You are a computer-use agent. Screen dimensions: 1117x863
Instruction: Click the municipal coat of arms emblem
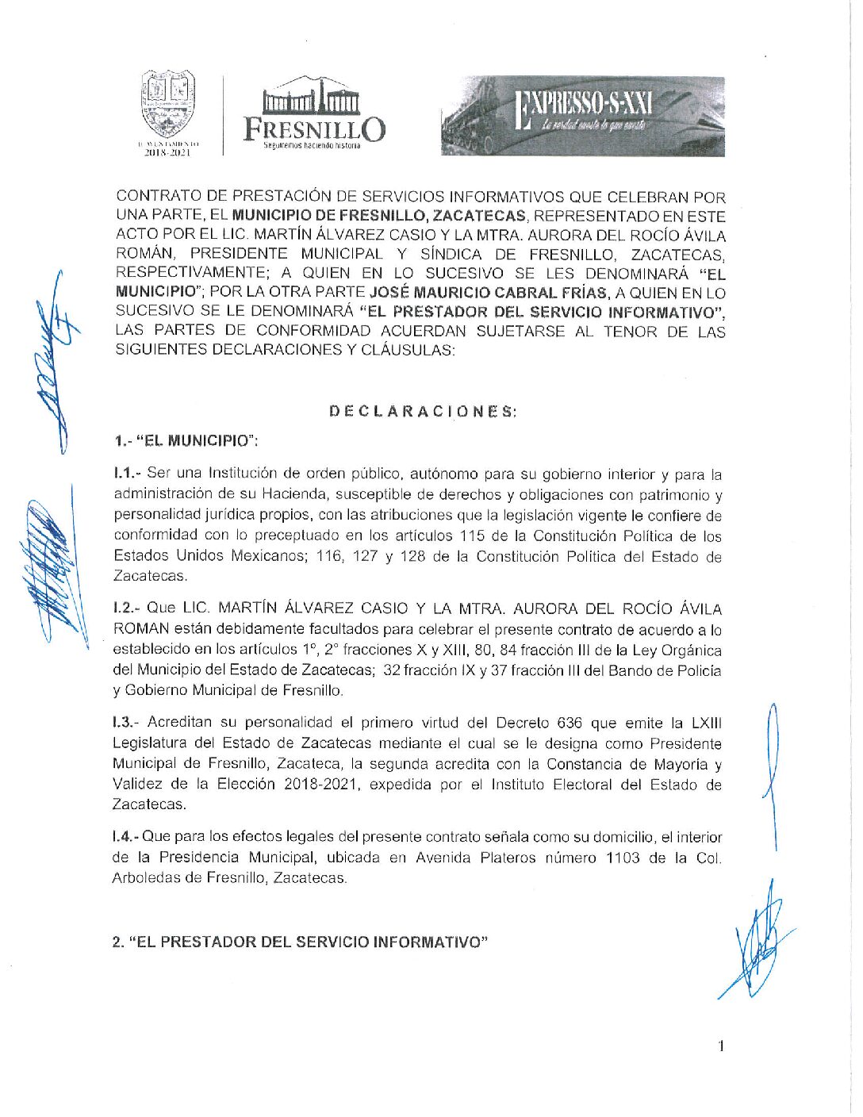tap(167, 106)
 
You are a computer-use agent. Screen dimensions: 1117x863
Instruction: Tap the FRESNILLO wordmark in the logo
tap(314, 129)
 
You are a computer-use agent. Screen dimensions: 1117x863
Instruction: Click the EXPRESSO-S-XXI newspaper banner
tap(583, 116)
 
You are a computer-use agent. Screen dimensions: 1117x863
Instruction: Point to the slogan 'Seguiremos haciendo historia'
tap(312, 146)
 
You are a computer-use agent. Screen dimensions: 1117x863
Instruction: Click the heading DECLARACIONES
tap(423, 411)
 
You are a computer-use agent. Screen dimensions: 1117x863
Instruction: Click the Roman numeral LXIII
tap(706, 723)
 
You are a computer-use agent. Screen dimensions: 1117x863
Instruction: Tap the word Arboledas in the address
tap(144, 878)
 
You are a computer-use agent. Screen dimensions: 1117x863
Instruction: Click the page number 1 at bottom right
tap(721, 1046)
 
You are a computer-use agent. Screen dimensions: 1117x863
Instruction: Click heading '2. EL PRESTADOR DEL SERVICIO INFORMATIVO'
tap(299, 942)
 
